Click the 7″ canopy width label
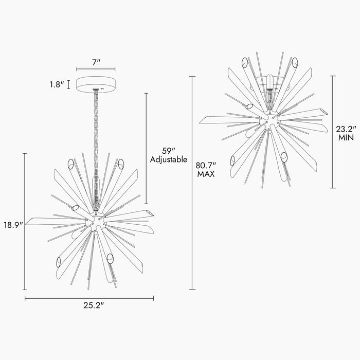(x=96, y=62)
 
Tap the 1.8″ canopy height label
(x=57, y=84)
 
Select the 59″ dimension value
(x=169, y=151)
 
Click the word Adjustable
(x=169, y=159)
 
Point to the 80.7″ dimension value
(x=206, y=165)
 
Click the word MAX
(x=206, y=174)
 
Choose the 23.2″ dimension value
(x=346, y=129)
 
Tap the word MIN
(x=346, y=138)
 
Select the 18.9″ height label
(x=13, y=225)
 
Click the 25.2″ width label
(x=94, y=305)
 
